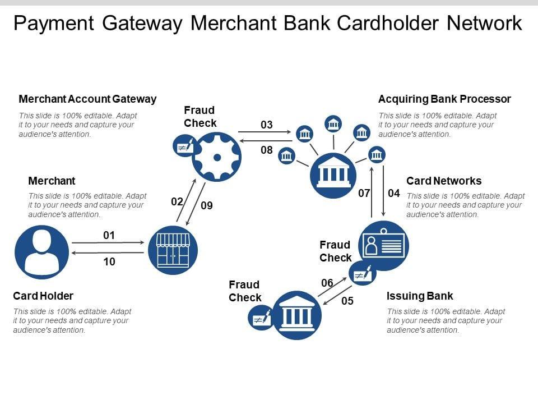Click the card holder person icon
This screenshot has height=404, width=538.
[41, 251]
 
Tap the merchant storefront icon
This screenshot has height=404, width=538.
[173, 250]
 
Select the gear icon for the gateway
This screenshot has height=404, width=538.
[216, 157]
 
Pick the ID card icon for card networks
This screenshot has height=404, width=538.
[383, 246]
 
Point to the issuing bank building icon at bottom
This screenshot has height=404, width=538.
[297, 315]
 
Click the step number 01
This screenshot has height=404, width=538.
[109, 235]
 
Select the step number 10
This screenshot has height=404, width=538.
[109, 261]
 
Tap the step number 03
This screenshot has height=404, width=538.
[267, 125]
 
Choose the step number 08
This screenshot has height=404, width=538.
[267, 150]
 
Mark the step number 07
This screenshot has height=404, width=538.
[364, 194]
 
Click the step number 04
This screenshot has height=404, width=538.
[394, 194]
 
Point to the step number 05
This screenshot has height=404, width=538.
[347, 301]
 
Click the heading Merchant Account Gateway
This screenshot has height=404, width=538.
[87, 99]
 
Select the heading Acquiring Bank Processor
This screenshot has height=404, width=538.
[444, 99]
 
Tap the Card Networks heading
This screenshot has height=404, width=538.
[444, 181]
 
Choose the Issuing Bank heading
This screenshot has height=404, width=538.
[420, 296]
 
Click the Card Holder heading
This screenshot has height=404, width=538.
[43, 296]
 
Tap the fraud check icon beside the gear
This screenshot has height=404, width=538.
[183, 146]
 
